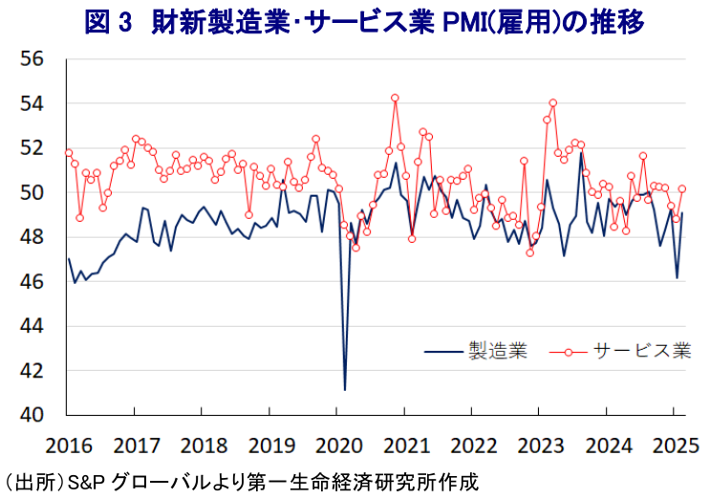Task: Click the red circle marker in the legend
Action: [x=570, y=351]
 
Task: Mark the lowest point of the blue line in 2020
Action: [x=345, y=390]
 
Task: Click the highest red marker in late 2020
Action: [x=395, y=98]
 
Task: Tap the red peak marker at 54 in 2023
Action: [x=553, y=103]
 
